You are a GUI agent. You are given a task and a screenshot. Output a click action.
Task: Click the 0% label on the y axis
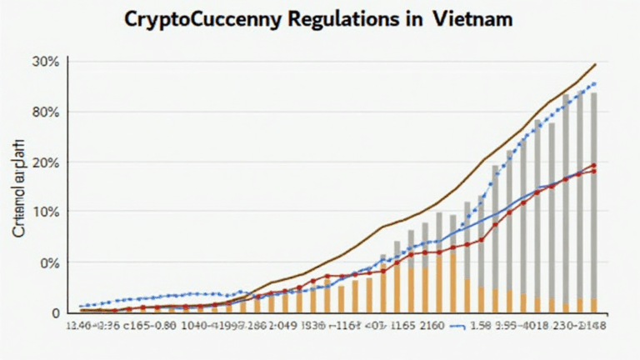coord(47,262)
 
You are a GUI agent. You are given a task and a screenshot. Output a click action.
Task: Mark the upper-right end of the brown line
coord(595,64)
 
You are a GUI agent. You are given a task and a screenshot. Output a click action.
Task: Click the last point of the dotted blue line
coord(593,83)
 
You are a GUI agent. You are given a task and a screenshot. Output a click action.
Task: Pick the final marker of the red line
coord(593,165)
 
